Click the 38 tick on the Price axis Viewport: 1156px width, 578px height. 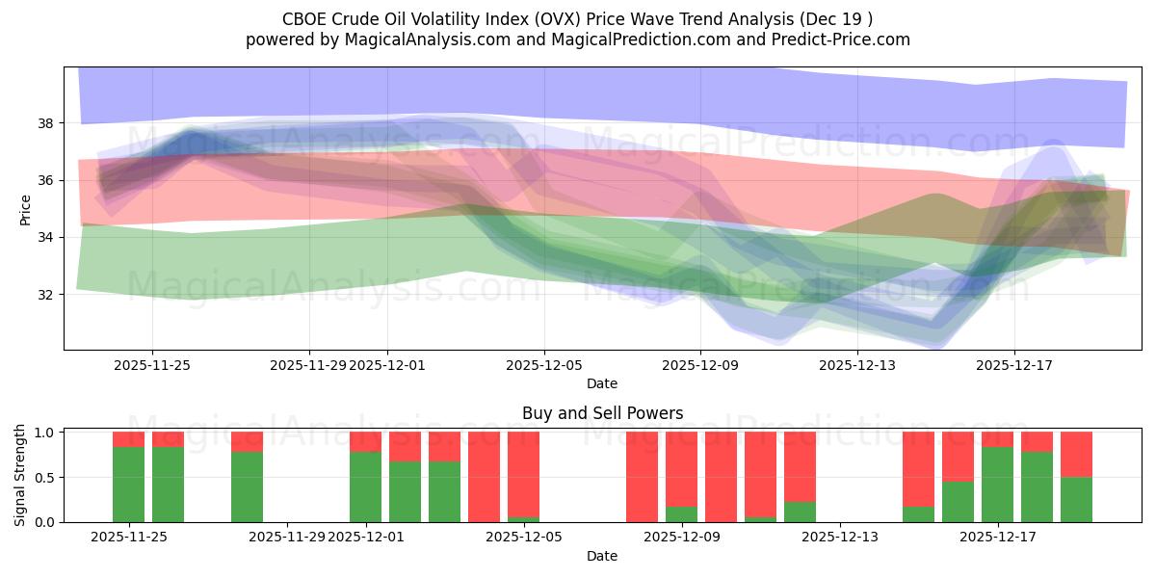point(45,123)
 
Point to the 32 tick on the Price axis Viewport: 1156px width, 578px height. point(45,294)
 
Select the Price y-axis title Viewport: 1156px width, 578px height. point(25,208)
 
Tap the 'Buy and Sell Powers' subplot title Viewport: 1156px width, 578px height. point(602,413)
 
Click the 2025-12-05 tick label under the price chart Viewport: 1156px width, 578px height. point(544,365)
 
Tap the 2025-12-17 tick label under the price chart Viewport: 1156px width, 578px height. point(1014,365)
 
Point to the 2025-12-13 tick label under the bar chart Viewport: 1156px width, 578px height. point(840,537)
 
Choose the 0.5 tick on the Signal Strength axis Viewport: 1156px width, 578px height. point(45,477)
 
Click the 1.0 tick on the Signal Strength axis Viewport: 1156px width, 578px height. point(45,433)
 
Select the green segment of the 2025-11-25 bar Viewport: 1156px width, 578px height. point(128,485)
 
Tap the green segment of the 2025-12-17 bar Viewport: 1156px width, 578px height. point(997,485)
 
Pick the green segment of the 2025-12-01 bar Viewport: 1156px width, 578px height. point(365,486)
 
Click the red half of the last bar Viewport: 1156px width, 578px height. point(1076,454)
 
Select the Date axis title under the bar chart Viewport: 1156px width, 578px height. point(602,556)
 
